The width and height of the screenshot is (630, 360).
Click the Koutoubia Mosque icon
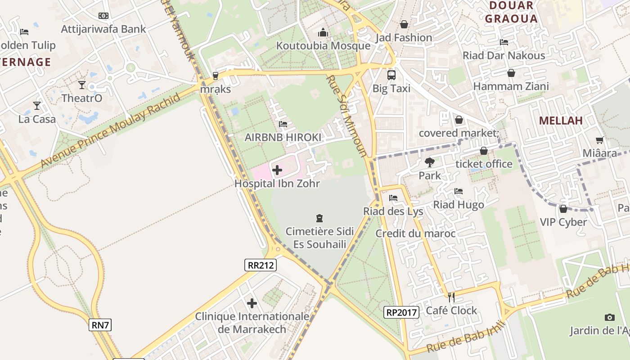click(x=323, y=32)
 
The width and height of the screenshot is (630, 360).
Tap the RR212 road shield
click(x=261, y=265)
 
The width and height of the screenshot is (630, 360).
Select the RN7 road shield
click(x=100, y=325)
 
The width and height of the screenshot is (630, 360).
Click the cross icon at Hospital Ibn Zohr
click(x=277, y=170)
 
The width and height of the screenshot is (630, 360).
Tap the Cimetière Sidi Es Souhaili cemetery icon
click(x=319, y=219)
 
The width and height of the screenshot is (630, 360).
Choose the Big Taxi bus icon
click(x=391, y=75)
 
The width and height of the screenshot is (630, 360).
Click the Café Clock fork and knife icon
click(x=451, y=297)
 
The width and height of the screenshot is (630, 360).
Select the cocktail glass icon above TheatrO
click(x=82, y=85)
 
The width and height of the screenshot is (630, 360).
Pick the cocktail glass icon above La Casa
click(x=37, y=106)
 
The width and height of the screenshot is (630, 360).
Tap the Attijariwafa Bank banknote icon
click(x=103, y=16)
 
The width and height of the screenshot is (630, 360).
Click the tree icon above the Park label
click(x=430, y=162)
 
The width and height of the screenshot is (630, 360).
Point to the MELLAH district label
click(x=561, y=120)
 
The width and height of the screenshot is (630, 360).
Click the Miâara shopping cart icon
click(x=600, y=140)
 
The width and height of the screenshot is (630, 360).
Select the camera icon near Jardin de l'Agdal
click(x=610, y=317)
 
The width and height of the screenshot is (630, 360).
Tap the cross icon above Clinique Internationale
click(x=252, y=303)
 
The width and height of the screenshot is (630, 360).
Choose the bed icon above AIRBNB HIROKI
click(x=283, y=124)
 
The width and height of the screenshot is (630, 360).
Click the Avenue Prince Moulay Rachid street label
click(x=110, y=131)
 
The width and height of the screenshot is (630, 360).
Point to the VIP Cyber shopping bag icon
click(x=563, y=209)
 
